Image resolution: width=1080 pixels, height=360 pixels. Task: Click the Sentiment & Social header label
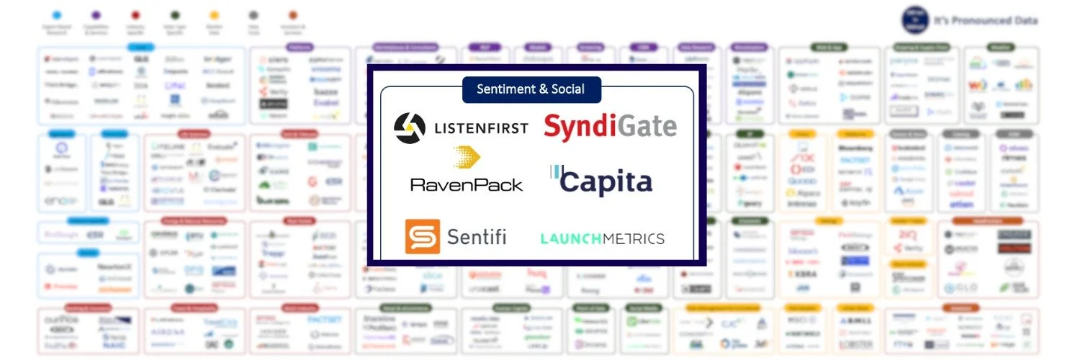(531, 89)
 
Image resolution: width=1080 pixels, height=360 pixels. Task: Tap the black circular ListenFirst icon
(410, 128)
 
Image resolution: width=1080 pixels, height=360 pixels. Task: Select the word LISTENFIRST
(480, 128)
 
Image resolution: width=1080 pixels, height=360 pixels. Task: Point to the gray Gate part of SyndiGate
(647, 127)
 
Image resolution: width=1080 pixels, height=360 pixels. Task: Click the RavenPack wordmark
(467, 184)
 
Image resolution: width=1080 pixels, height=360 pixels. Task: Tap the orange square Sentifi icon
(422, 237)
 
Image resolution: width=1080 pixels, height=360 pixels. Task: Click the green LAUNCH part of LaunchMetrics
(572, 238)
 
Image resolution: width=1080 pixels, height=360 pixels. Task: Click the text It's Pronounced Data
(986, 21)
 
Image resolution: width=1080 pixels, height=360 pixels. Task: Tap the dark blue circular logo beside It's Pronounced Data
(915, 20)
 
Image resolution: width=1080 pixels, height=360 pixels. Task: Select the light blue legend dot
(57, 14)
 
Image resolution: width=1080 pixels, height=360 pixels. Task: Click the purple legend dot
(96, 14)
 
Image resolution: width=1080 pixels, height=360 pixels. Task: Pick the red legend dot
(136, 14)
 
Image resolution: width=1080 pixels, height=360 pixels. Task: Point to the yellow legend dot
(214, 14)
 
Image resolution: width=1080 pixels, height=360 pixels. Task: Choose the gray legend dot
(253, 14)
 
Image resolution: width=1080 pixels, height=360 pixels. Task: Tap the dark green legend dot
(175, 14)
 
